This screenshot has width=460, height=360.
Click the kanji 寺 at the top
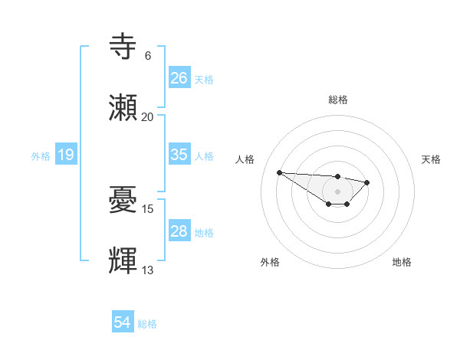tap(124, 47)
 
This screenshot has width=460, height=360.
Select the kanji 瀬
tap(124, 108)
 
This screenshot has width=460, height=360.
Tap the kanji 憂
tap(124, 201)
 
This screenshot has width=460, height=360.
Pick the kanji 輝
tap(124, 261)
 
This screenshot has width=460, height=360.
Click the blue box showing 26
tap(179, 77)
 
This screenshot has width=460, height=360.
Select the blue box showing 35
tap(179, 155)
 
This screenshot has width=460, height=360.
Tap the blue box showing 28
tap(179, 231)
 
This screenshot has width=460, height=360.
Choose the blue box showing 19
tap(66, 155)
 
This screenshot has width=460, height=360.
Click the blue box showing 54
tap(123, 323)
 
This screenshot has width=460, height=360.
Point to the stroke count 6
tap(148, 56)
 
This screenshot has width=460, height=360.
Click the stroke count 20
tap(148, 117)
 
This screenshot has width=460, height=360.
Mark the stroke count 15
tap(148, 209)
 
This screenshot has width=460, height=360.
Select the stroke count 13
tap(148, 270)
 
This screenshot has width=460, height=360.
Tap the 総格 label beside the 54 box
tap(147, 324)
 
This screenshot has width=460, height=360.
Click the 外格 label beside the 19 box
tap(41, 156)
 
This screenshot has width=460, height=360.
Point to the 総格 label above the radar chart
tap(338, 100)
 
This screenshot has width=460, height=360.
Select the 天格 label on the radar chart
tap(432, 159)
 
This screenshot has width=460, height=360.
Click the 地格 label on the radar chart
tap(402, 262)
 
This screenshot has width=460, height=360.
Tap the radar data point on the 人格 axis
tap(280, 172)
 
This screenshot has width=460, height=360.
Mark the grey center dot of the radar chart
tap(337, 191)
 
